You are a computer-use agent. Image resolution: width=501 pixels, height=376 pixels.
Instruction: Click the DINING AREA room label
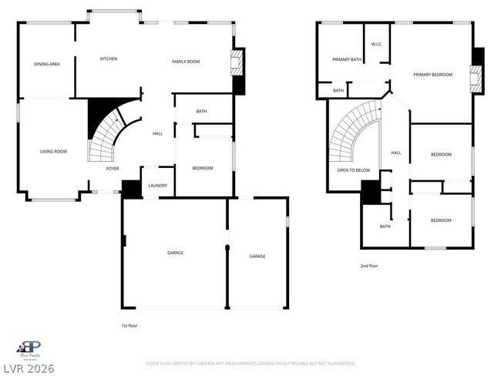[47, 64]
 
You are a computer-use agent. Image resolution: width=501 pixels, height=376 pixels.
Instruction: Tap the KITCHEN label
[109, 59]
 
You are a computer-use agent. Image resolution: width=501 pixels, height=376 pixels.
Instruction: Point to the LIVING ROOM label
[54, 151]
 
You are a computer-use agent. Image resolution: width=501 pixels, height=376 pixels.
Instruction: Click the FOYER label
[113, 168]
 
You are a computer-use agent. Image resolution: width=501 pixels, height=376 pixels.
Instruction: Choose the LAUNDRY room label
[158, 186]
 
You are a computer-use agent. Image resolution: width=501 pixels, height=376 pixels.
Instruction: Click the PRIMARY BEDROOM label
[432, 74]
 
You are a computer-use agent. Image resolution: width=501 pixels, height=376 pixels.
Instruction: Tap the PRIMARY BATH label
[347, 59]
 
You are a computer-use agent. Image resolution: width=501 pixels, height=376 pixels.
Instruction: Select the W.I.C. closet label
[378, 44]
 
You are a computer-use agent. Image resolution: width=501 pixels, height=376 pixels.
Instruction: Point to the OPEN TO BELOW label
[354, 170]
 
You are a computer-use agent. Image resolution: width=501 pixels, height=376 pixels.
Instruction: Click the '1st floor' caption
[131, 325]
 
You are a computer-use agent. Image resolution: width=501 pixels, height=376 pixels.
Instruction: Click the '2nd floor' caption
[369, 266]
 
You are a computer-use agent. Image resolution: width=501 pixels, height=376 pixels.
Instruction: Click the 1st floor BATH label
[201, 112]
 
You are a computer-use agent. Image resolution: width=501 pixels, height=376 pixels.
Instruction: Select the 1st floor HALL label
[157, 133]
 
